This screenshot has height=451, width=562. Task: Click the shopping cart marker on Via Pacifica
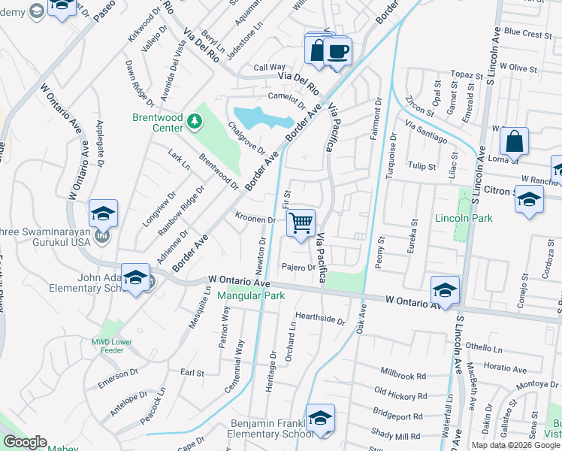(x=301, y=222)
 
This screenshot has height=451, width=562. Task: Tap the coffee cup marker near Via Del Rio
(x=337, y=51)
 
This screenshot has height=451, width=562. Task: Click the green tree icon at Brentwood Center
(x=195, y=120)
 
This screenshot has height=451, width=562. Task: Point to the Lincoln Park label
(x=464, y=218)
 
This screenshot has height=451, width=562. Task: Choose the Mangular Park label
(x=251, y=295)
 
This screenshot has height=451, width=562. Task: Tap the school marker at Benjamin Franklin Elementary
(x=320, y=419)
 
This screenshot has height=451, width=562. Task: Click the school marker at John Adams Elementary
(x=135, y=279)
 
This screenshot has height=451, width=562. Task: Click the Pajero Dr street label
(x=298, y=267)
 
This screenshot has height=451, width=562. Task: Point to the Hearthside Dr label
(x=320, y=319)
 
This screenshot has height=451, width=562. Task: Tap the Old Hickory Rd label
(x=400, y=393)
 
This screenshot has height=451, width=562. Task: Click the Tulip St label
(x=421, y=165)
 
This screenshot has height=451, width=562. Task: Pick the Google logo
(x=25, y=442)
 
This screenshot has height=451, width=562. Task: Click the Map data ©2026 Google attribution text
(x=515, y=445)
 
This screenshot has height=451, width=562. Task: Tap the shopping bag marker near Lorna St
(x=514, y=141)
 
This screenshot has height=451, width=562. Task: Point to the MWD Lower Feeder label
(x=108, y=347)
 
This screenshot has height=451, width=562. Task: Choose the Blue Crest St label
(x=529, y=34)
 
